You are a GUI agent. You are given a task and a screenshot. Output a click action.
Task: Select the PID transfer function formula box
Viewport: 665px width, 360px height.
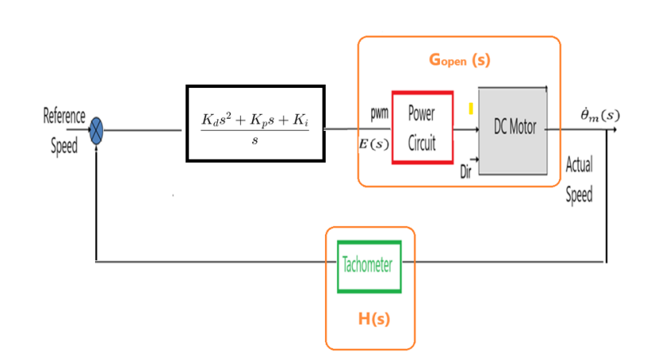point(255,123)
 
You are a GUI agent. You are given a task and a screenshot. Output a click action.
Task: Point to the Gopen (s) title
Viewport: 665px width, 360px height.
point(459,60)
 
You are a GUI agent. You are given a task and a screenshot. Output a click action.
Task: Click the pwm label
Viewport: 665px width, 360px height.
point(379,113)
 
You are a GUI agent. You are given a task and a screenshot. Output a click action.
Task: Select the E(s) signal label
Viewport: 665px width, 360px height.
point(375,144)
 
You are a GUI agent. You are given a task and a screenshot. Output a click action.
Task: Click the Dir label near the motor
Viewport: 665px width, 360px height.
point(467,171)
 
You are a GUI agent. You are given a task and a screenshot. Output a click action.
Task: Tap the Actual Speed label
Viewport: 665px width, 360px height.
point(579,180)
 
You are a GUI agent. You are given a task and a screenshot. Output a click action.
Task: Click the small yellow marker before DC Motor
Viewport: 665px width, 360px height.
point(471,108)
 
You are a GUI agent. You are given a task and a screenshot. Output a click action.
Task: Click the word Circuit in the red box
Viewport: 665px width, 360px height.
point(422,144)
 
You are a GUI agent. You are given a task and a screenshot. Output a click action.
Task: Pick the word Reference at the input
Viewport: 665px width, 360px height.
point(65,117)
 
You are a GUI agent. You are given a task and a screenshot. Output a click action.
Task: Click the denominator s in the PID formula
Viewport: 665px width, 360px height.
point(255,140)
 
